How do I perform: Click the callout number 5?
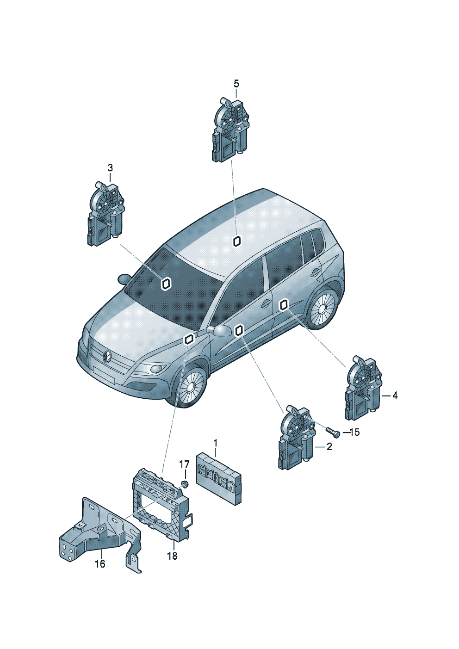[x=236, y=84]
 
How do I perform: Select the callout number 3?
[x=110, y=167]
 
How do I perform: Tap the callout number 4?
[x=395, y=396]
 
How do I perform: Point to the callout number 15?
[x=354, y=433]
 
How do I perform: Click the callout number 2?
[x=329, y=447]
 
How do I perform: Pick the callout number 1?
[x=215, y=444]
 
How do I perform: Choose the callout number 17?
[x=184, y=464]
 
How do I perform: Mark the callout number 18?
[x=172, y=556]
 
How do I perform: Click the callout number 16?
[x=100, y=564]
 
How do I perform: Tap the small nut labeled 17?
[x=185, y=484]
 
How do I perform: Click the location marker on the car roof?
[x=237, y=241]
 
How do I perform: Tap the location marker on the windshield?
[x=166, y=284]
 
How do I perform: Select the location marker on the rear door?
[x=284, y=304]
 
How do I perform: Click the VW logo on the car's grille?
[x=107, y=356]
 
